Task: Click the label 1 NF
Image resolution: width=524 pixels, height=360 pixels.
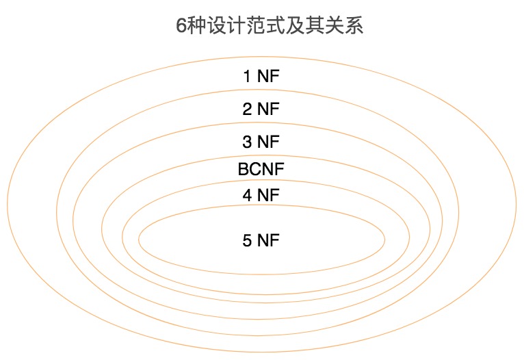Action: tap(261, 76)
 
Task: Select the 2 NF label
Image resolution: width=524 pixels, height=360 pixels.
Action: tap(261, 109)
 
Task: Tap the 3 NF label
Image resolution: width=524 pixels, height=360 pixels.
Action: tap(261, 142)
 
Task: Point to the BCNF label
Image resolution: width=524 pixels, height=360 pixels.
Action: tap(261, 169)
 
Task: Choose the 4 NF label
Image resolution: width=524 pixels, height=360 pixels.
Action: tap(261, 195)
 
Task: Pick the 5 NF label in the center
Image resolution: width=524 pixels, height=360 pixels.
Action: tap(261, 240)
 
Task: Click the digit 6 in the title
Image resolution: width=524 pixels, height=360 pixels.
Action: tap(181, 27)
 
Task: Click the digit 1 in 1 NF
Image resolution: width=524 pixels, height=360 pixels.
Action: tap(247, 76)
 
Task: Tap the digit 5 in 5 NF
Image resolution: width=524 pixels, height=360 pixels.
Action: tap(247, 240)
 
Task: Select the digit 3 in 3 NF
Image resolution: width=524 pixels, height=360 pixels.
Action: tap(247, 142)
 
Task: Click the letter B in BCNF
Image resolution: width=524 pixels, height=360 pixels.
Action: tap(243, 169)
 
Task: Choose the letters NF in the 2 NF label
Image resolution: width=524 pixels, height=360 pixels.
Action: tap(269, 109)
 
